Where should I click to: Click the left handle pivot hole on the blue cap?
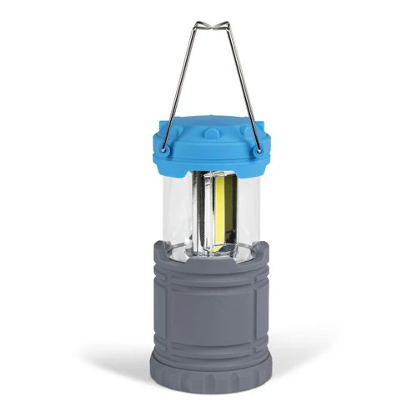point(164,149)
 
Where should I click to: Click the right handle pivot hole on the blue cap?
point(256,149)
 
